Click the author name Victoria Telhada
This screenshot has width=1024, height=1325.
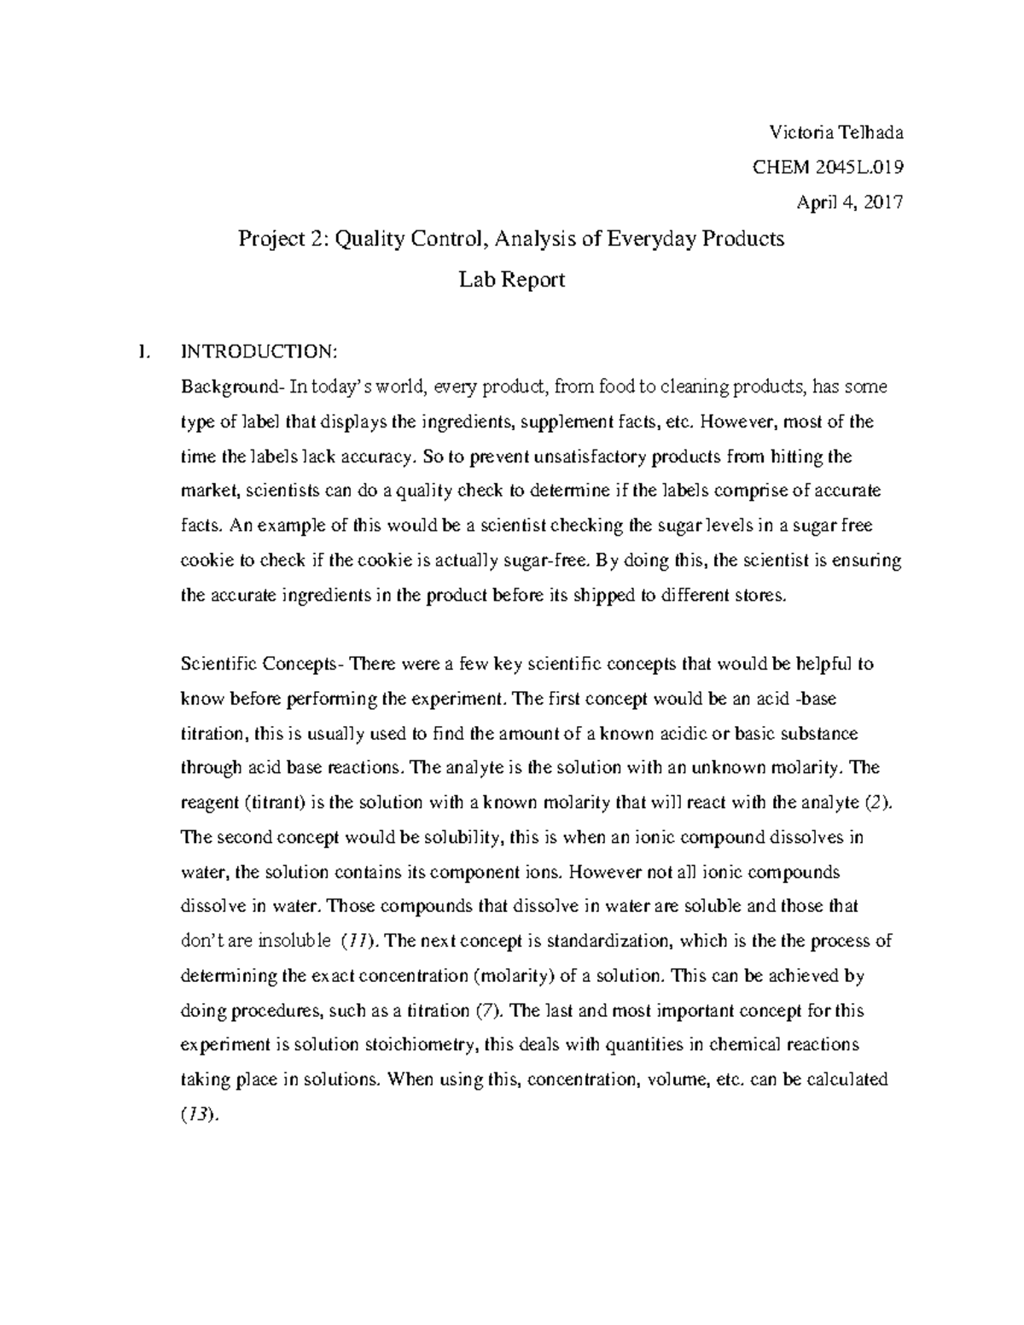[836, 132]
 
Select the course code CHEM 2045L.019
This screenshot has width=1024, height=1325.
[827, 167]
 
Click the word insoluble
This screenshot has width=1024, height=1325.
[289, 941]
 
